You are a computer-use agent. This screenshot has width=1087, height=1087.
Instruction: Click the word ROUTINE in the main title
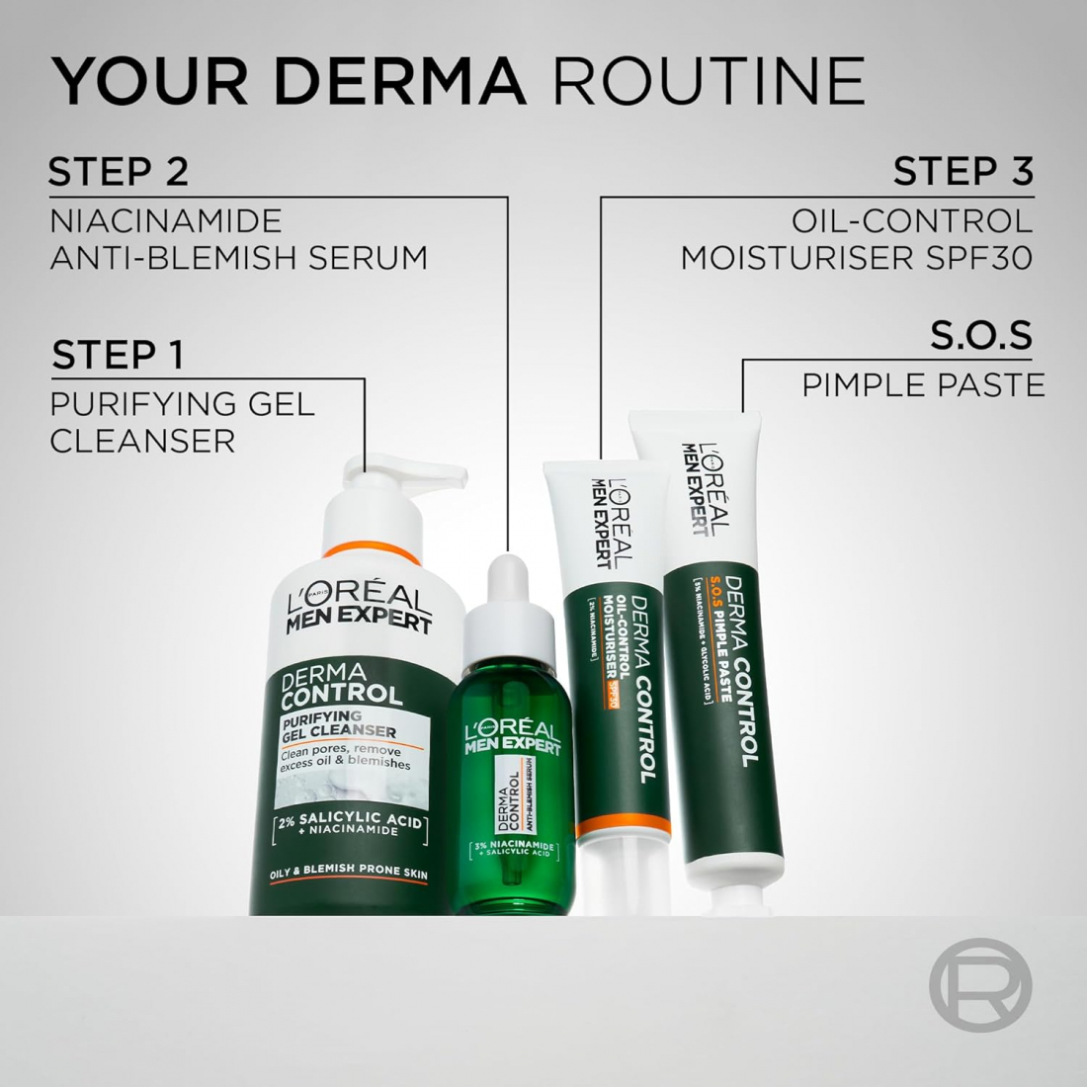(x=715, y=81)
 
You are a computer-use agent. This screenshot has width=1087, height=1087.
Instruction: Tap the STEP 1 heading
(x=118, y=355)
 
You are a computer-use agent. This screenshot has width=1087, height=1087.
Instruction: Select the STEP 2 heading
(x=118, y=172)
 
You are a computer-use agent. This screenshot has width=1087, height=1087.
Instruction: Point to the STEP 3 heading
(x=962, y=172)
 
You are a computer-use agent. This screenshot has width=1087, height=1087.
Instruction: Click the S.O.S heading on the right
(x=980, y=335)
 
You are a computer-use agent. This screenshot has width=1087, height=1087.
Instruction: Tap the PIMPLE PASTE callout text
(x=923, y=384)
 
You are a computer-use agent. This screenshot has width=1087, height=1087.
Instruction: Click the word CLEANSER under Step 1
(x=142, y=441)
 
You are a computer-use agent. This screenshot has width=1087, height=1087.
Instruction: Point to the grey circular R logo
(x=979, y=985)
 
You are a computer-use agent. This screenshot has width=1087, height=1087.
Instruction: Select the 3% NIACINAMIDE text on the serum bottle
(x=510, y=846)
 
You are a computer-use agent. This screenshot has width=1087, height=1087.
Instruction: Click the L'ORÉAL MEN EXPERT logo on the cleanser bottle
(x=359, y=609)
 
